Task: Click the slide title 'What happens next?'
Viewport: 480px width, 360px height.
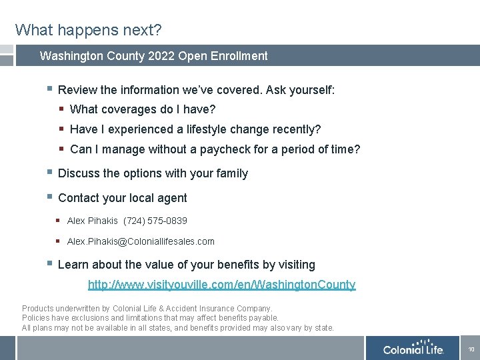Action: [89, 30]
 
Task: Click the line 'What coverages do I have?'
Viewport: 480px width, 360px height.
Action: [143, 109]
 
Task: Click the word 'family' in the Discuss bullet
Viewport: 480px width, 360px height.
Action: [231, 173]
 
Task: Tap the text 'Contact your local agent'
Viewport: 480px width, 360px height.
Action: [123, 198]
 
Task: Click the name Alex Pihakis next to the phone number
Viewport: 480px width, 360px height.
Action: [93, 221]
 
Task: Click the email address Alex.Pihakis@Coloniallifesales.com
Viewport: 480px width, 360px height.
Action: [141, 241]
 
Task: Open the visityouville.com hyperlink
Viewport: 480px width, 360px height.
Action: [222, 285]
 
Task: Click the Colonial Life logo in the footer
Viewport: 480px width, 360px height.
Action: [413, 349]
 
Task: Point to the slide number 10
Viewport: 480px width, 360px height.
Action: [471, 349]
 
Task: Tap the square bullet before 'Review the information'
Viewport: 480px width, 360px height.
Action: [49, 89]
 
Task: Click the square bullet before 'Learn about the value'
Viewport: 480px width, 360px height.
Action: [49, 264]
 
